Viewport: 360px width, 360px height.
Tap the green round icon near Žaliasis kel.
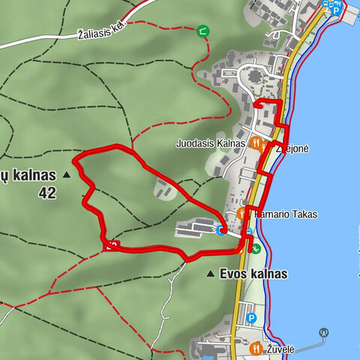click(x=202, y=31)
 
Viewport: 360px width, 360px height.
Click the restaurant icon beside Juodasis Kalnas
click(x=257, y=142)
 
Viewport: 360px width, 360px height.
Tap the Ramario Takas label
click(x=286, y=214)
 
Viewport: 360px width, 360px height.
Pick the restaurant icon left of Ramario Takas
click(x=242, y=214)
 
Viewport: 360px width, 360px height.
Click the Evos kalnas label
click(x=253, y=274)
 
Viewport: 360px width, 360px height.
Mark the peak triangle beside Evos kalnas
click(x=211, y=274)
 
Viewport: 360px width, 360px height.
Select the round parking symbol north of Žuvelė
click(x=251, y=318)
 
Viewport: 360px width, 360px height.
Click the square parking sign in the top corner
click(x=337, y=10)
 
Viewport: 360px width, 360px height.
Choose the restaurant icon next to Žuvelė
click(x=256, y=349)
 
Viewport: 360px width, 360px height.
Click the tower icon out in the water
click(x=324, y=331)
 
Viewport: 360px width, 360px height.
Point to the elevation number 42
click(x=47, y=192)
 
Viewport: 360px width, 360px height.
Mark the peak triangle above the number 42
click(x=67, y=175)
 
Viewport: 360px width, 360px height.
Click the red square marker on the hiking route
click(x=111, y=244)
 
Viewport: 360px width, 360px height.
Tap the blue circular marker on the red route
click(x=221, y=230)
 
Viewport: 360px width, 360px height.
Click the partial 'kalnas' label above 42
click(x=28, y=175)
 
